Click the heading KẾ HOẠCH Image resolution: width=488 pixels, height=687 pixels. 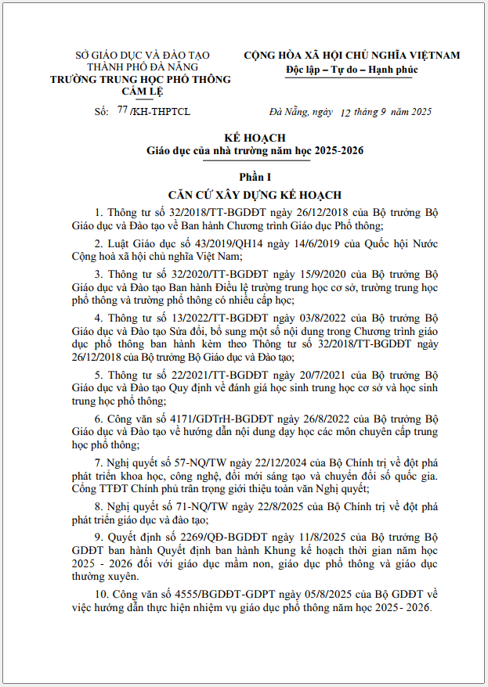244,138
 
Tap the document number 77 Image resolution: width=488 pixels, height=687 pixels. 121,110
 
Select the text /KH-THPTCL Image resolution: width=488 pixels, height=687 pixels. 160,112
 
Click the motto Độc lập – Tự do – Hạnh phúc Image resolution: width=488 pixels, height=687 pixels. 352,70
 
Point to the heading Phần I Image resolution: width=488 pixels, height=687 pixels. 244,178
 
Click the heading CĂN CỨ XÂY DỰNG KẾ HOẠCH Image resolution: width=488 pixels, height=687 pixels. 244,194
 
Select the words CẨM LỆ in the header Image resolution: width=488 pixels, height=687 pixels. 141,91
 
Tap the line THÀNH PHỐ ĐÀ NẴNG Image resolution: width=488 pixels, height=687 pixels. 141,67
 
